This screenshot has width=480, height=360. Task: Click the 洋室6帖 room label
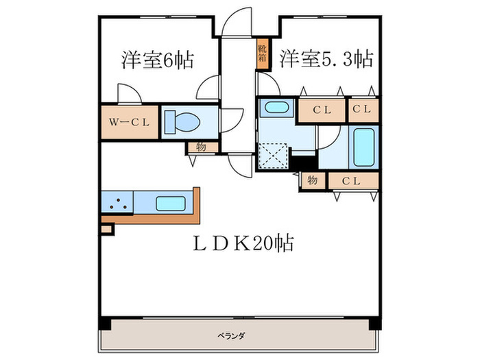tap(157, 60)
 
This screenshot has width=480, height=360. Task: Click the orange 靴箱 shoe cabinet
tap(262, 54)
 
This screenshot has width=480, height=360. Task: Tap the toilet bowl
tap(184, 123)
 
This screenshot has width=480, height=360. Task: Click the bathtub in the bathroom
tap(361, 147)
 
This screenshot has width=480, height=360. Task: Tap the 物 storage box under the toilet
tap(202, 147)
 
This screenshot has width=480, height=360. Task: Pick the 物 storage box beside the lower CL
tap(313, 180)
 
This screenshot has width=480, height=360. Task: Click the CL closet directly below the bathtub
tap(352, 180)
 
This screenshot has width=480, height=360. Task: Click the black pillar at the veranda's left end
tap(104, 323)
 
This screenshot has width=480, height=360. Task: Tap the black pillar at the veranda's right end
tap(374, 323)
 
